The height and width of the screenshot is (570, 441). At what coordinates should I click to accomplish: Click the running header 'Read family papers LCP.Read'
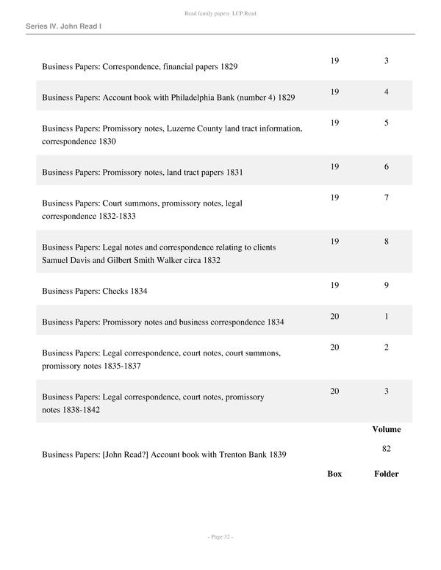(x=220, y=14)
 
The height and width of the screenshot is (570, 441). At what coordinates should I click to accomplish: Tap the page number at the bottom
(x=220, y=538)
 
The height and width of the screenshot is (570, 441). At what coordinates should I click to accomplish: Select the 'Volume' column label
(x=386, y=429)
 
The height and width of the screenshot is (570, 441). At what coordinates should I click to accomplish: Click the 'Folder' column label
(x=386, y=474)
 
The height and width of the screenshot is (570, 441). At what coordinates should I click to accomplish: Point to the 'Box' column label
(x=334, y=474)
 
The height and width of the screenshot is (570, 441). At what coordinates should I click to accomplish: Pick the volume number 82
(x=386, y=447)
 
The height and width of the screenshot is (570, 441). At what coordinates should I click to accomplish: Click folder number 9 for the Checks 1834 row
(x=386, y=286)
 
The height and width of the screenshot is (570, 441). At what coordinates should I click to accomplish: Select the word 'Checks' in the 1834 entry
(x=116, y=291)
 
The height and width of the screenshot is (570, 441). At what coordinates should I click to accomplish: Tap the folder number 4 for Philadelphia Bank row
(x=386, y=92)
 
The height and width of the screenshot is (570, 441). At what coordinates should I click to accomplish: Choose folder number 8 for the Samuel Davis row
(x=386, y=242)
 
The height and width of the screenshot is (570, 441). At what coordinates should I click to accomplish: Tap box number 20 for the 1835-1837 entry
(x=334, y=347)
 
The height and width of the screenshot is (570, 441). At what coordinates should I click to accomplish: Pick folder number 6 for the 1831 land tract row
(x=386, y=167)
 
